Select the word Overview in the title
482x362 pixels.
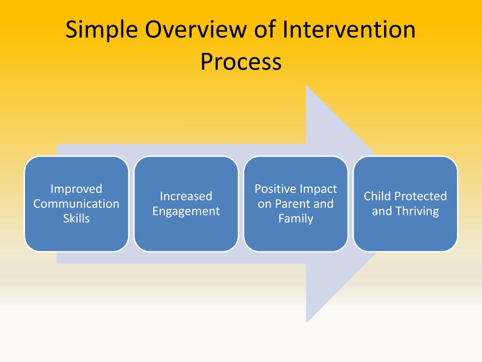coord(196,29)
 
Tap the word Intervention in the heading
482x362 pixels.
coord(349,29)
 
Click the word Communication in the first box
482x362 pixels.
coord(76,204)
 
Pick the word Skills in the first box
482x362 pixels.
coord(76,219)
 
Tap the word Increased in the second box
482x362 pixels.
coord(186,197)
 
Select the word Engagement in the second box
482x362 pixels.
coord(186,212)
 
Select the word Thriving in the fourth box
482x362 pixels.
coord(417,212)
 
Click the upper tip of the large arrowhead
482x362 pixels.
coord(306,85)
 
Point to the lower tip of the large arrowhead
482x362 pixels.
coord(306,323)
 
